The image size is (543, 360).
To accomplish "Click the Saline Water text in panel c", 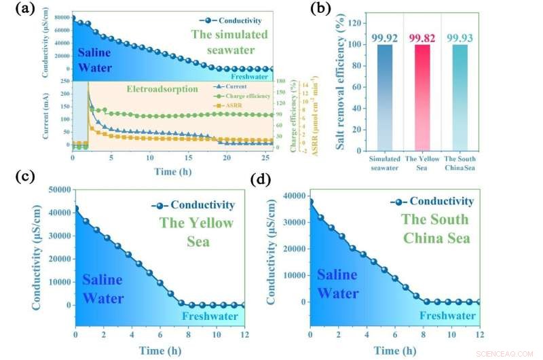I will coord(103,289).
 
